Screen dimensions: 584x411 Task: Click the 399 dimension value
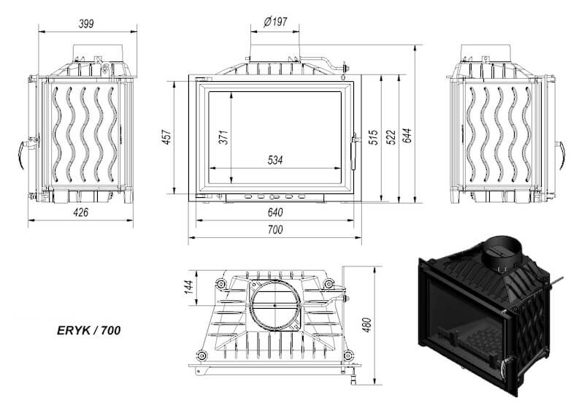(86, 24)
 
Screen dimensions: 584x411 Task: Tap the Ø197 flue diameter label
(276, 22)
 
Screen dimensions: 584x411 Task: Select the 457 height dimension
(166, 137)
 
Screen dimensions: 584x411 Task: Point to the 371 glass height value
(223, 137)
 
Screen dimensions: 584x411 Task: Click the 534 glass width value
(275, 160)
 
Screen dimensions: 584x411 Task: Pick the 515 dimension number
(374, 137)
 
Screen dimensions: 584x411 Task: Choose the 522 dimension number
(391, 137)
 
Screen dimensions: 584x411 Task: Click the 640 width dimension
(275, 212)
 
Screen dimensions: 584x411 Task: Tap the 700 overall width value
(275, 229)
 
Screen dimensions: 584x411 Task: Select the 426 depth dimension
(81, 212)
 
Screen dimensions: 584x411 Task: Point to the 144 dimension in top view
(189, 287)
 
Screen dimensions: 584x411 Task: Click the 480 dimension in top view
(366, 325)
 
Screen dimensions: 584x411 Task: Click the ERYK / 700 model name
(88, 331)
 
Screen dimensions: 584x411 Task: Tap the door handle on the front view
(354, 151)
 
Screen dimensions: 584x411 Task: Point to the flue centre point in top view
(275, 306)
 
